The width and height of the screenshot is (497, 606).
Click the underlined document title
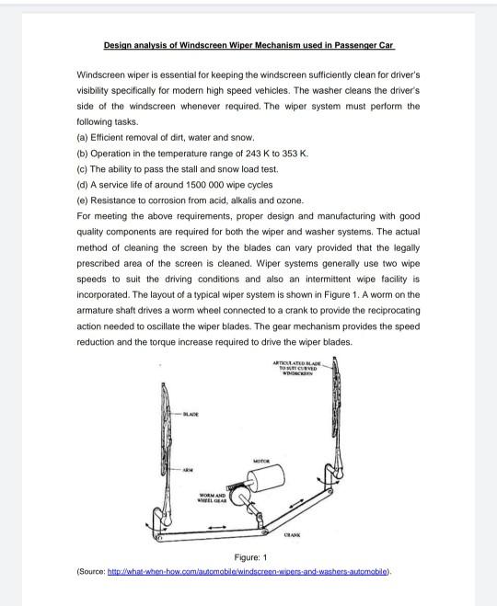(x=248, y=45)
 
